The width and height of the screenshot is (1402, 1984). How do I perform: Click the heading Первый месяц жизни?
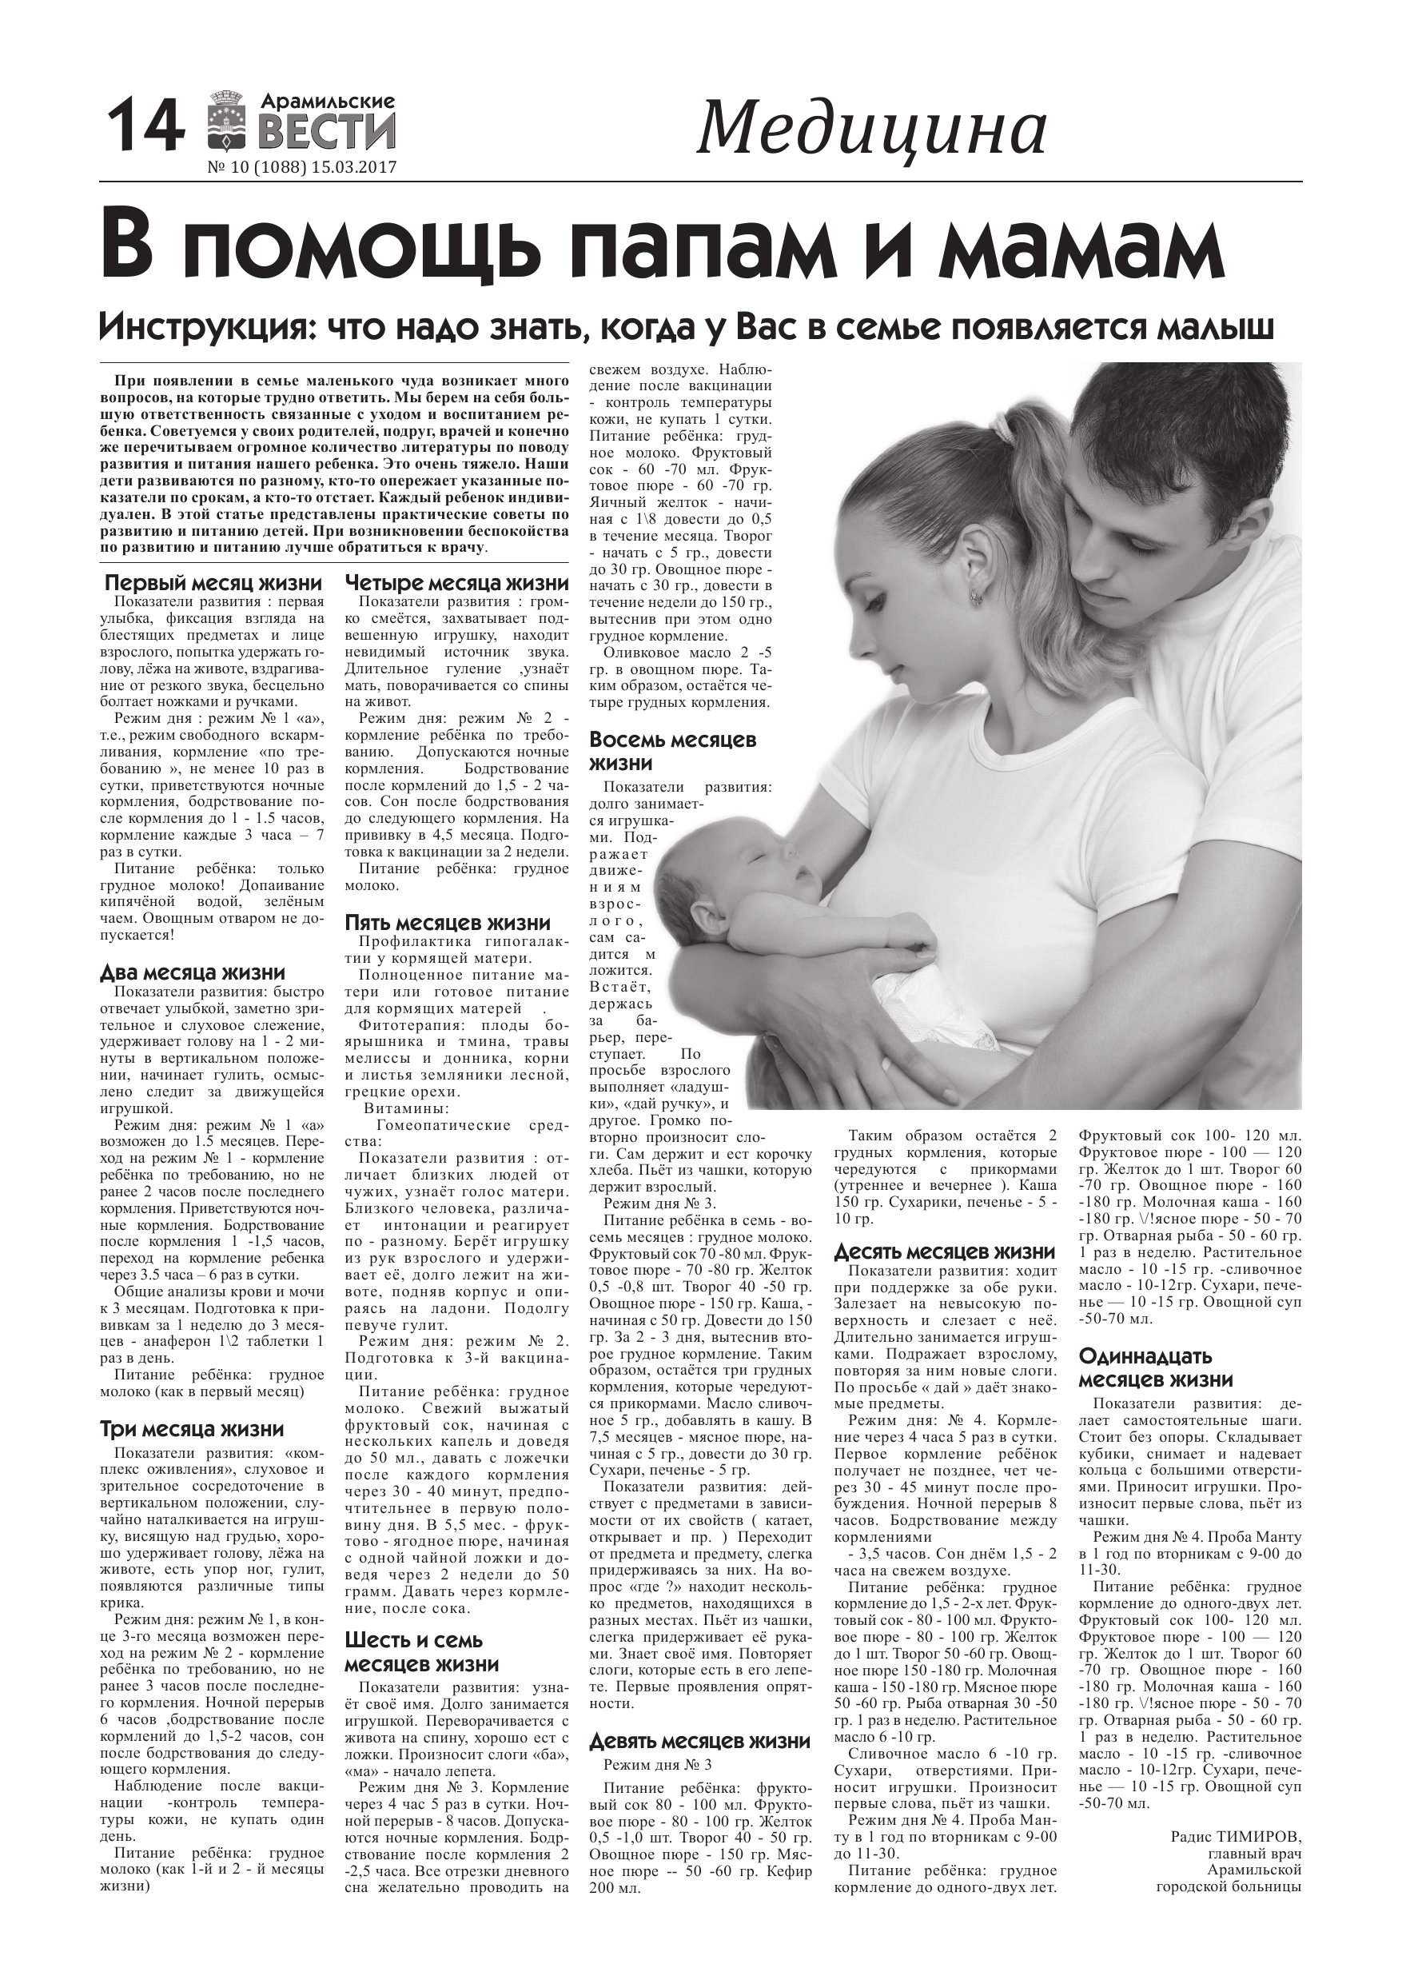(213, 582)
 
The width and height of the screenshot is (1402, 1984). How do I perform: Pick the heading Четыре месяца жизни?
(457, 582)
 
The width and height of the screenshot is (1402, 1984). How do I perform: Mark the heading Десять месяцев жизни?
(945, 1251)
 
